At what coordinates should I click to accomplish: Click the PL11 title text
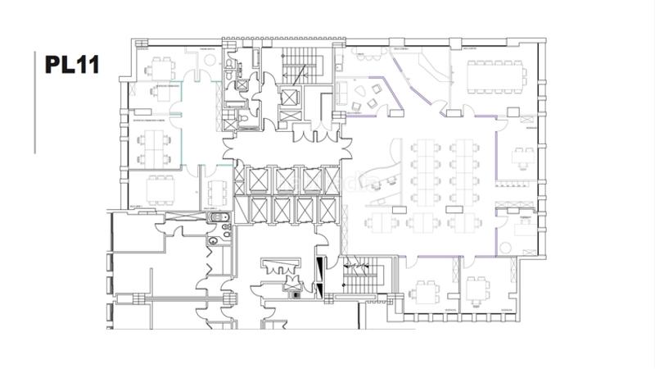(x=71, y=65)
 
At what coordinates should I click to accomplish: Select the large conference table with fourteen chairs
(x=495, y=76)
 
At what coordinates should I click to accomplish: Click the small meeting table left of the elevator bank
(x=215, y=194)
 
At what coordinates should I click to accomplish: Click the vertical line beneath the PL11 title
(x=35, y=102)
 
